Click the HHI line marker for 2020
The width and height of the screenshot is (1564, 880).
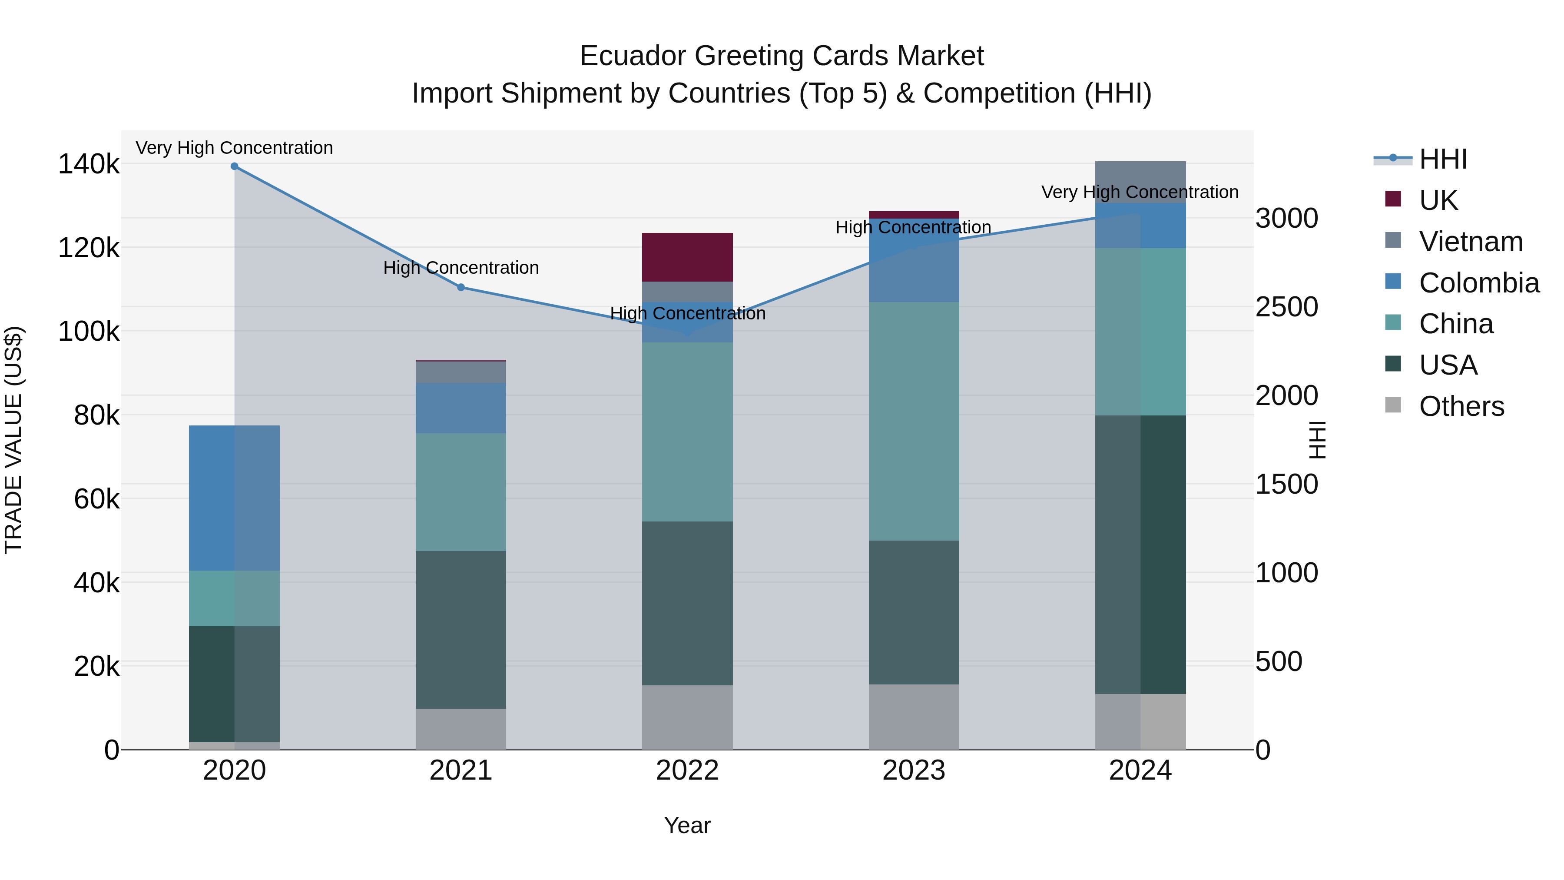(234, 166)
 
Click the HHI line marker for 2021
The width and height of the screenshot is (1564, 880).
(461, 287)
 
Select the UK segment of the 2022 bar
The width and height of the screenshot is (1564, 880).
(687, 257)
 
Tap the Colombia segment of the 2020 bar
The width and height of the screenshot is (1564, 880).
(234, 498)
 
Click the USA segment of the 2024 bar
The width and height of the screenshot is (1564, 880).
(1140, 555)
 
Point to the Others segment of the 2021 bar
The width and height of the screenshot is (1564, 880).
(461, 729)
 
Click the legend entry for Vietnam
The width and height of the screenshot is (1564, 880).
(1471, 242)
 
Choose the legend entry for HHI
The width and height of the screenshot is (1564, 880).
(1442, 159)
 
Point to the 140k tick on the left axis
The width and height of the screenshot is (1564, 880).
(89, 164)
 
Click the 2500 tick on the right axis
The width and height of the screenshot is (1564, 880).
(1286, 307)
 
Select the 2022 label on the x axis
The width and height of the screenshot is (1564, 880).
(687, 770)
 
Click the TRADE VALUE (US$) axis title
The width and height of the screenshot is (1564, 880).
(13, 440)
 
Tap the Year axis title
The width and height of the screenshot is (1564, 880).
(687, 825)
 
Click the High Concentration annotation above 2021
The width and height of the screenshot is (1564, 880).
(461, 268)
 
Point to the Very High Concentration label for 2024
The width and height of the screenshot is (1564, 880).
(1140, 192)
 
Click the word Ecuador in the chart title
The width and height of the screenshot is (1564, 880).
(633, 56)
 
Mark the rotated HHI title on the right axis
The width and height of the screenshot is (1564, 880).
(1317, 440)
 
